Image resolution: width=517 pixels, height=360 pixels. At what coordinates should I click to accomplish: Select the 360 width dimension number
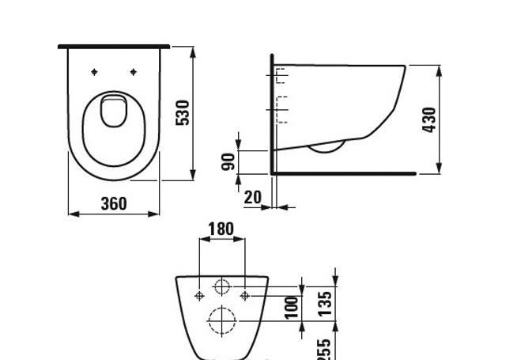[114, 203]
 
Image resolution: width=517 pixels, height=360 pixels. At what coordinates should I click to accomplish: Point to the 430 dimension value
[429, 119]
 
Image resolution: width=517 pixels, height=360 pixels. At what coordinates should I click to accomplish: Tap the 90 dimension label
[228, 162]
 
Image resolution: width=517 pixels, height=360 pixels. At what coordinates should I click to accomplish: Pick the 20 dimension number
[252, 197]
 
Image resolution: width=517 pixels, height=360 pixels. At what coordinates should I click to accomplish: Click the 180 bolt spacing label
[221, 229]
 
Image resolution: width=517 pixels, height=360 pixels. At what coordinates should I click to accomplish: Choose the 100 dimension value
[292, 307]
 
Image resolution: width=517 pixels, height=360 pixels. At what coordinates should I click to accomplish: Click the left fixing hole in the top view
[95, 72]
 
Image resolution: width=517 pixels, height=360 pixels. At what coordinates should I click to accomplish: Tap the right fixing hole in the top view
[133, 72]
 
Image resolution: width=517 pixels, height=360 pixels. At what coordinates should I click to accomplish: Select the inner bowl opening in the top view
[114, 111]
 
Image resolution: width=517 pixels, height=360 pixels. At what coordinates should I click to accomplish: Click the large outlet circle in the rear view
[222, 320]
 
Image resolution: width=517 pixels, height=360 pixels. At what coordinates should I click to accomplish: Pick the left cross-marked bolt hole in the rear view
[198, 295]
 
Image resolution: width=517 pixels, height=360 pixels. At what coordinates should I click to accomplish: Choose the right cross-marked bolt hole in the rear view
[245, 295]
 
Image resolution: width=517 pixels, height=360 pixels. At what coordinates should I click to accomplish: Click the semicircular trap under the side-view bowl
[326, 147]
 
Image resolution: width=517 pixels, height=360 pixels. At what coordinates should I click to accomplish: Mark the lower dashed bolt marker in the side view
[281, 109]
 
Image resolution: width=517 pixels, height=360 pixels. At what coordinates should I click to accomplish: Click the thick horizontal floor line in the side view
[344, 172]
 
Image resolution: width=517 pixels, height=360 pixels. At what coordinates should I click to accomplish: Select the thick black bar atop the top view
[114, 47]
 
